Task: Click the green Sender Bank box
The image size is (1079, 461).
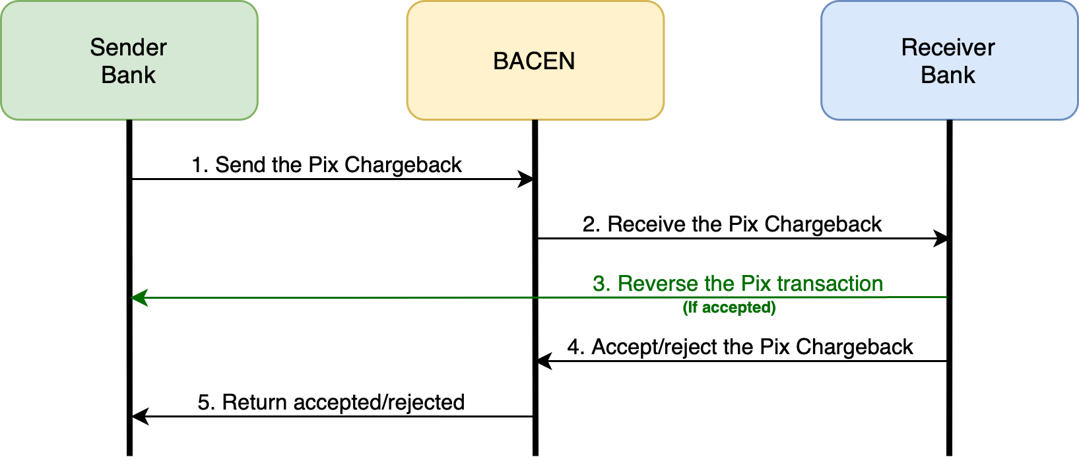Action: pyautogui.click(x=129, y=61)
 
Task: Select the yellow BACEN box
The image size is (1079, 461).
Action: pyautogui.click(x=535, y=61)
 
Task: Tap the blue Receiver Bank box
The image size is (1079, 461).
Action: pyautogui.click(x=949, y=61)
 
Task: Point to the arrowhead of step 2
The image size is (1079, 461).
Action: pyautogui.click(x=941, y=238)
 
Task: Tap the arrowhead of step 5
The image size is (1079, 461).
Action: pyautogui.click(x=140, y=416)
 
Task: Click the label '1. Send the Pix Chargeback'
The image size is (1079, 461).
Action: pyautogui.click(x=327, y=165)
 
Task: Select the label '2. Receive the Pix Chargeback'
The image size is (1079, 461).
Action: pyautogui.click(x=732, y=224)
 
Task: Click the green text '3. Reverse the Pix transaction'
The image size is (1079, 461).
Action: pyautogui.click(x=738, y=284)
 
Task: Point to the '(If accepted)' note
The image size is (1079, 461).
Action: pyautogui.click(x=729, y=307)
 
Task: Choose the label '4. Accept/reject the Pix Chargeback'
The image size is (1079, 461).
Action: pyautogui.click(x=740, y=347)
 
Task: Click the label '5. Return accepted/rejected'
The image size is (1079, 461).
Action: pyautogui.click(x=331, y=402)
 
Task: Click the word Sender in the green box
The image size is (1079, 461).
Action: pyautogui.click(x=128, y=47)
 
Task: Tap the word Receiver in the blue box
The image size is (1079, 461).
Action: pyautogui.click(x=948, y=47)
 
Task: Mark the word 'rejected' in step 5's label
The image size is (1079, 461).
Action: pyautogui.click(x=430, y=402)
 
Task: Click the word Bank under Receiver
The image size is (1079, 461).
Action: pyautogui.click(x=948, y=75)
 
